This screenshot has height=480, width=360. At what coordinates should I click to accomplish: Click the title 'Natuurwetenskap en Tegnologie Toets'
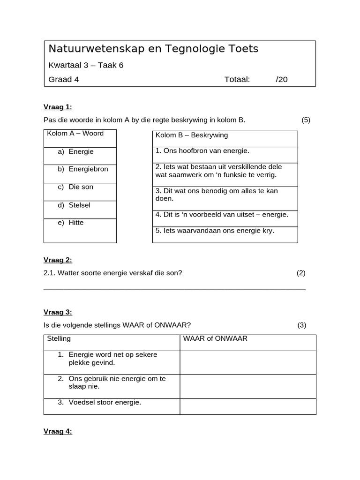(x=153, y=49)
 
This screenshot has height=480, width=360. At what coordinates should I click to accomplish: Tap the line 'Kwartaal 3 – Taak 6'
(x=86, y=65)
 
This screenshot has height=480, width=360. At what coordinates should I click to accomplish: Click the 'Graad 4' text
(x=64, y=79)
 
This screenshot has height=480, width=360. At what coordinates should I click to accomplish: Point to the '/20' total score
(x=282, y=79)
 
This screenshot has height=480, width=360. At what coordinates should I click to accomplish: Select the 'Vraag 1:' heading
(x=58, y=106)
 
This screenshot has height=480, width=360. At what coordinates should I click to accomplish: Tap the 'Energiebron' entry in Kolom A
(x=88, y=169)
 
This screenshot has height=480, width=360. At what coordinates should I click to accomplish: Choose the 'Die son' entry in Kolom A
(x=81, y=187)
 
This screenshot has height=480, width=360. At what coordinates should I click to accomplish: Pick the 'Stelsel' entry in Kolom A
(x=79, y=205)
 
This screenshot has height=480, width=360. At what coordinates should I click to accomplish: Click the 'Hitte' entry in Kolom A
(x=76, y=222)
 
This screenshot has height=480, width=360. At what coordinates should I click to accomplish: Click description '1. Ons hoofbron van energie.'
(x=202, y=151)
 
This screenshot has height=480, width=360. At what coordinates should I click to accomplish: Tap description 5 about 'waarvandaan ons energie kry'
(x=215, y=231)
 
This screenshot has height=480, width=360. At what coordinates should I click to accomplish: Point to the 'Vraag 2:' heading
(x=58, y=260)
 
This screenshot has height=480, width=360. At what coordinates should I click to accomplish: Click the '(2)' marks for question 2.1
(x=301, y=273)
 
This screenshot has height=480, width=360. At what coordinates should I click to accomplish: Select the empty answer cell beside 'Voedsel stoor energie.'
(x=247, y=406)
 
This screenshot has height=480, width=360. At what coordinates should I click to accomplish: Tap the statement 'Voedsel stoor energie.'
(x=105, y=402)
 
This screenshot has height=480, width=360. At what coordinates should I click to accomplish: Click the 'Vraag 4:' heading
(x=58, y=431)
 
